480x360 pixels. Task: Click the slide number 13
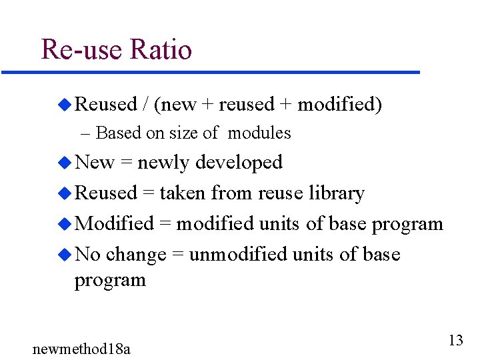click(455, 341)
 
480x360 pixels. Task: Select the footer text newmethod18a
click(81, 348)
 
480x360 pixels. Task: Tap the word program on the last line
click(109, 281)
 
